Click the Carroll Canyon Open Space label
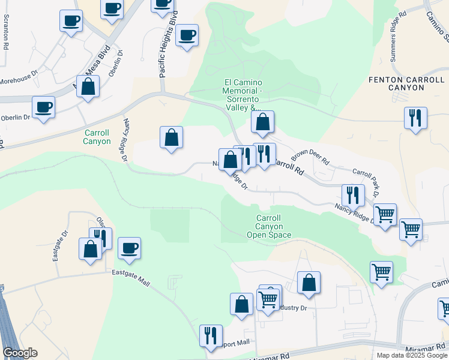coord(269,226)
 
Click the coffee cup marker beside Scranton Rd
coord(71,21)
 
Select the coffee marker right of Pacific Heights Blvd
coord(188,35)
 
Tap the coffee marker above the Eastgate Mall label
coord(129,248)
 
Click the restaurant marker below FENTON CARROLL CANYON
coord(415,118)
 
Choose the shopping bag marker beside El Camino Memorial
coord(262,122)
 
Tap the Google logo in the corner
coord(19,353)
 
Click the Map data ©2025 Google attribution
coord(412,355)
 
